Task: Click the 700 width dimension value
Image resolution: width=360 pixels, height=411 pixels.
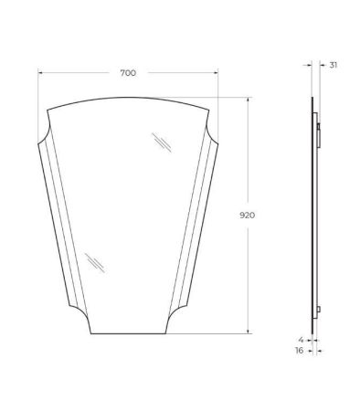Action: (x=128, y=73)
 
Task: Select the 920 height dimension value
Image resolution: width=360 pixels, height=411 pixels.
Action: (x=247, y=216)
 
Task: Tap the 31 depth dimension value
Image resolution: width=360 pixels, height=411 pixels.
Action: (x=334, y=65)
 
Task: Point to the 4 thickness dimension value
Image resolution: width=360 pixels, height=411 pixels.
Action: (x=302, y=340)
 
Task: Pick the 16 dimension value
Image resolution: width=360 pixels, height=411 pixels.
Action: (x=300, y=351)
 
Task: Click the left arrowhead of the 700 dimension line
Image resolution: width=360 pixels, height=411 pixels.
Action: (x=40, y=73)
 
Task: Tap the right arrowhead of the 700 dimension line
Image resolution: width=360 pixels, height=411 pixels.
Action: (x=216, y=73)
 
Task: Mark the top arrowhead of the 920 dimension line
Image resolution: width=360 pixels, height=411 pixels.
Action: (x=249, y=100)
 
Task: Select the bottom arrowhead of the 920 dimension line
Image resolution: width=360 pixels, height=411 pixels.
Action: (x=249, y=332)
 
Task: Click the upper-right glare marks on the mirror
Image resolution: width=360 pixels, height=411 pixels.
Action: (x=162, y=142)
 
